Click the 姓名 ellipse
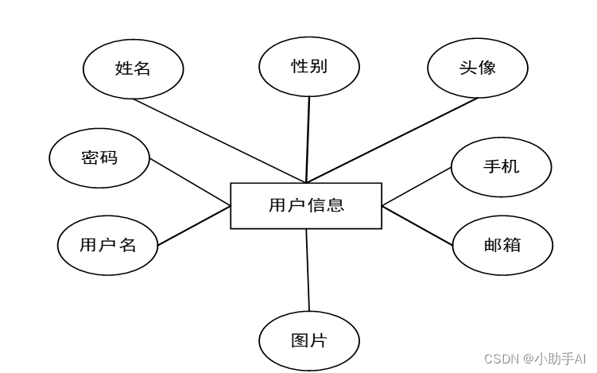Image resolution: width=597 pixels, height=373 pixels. coord(133,68)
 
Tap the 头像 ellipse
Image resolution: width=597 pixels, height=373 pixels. coord(477,68)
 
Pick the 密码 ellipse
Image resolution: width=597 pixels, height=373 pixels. coord(99,157)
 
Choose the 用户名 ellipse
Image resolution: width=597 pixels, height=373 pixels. coord(107,245)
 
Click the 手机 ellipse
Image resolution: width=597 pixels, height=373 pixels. coord(501,166)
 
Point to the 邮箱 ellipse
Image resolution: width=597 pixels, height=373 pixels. coord(502,245)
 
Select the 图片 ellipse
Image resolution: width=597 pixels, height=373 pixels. coord(308,341)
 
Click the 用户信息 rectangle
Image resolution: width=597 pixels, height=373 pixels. coord(306,205)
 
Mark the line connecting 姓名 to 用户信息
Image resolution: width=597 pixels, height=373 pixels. coord(219,140)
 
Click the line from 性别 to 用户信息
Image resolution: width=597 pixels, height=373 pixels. coord(308,139)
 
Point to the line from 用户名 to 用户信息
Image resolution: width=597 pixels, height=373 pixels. coord(194,225)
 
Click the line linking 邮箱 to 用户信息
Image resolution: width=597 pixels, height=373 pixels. coord(418,225)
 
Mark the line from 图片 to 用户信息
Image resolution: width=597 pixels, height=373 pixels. coord(308,270)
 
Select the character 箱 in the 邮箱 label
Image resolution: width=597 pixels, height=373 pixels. coord(512,245)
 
